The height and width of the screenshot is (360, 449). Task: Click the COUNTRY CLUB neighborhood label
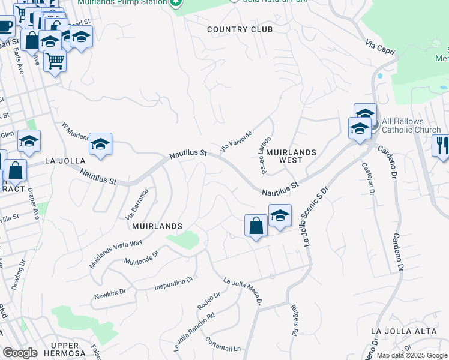point(240,29)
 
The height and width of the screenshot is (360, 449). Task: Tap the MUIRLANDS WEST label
point(291,156)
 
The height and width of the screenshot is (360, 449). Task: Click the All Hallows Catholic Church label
point(411,125)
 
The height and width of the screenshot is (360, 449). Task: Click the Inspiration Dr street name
point(173,280)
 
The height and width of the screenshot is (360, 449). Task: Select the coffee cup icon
point(5,26)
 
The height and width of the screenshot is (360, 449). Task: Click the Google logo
point(20,353)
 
